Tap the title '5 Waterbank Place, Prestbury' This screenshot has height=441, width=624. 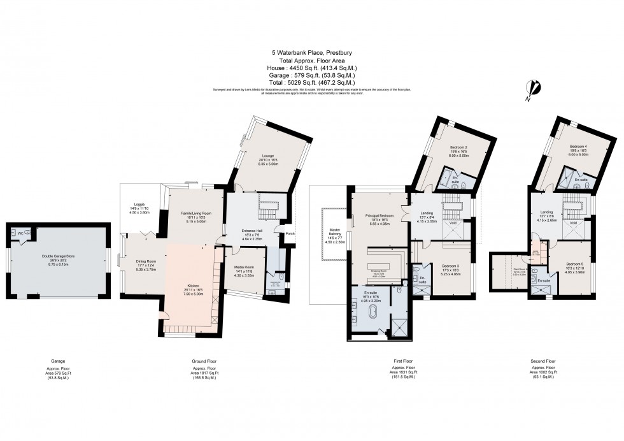point(312,54)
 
